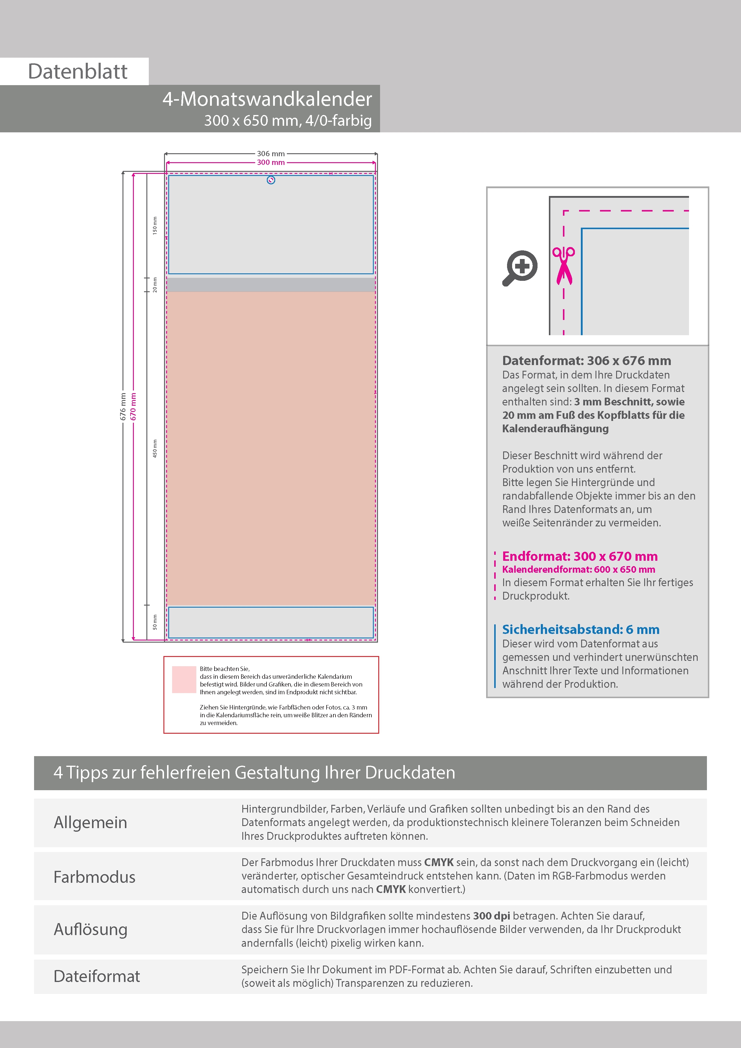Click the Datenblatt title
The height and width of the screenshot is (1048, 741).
click(x=78, y=72)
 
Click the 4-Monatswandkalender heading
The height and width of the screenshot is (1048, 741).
click(x=267, y=99)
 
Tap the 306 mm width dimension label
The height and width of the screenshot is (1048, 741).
click(x=271, y=154)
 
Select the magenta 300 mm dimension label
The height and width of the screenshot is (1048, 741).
click(x=271, y=163)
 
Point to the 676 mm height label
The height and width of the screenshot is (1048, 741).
click(x=123, y=406)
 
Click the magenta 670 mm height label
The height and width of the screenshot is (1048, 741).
click(x=133, y=406)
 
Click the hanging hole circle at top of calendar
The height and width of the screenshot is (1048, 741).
click(x=271, y=180)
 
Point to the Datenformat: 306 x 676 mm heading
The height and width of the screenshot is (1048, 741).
click(x=586, y=361)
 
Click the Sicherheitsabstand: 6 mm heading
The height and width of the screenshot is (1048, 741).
click(x=580, y=629)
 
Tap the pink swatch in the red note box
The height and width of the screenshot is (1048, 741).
click(x=184, y=680)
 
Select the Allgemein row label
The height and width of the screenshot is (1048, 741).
click(x=91, y=822)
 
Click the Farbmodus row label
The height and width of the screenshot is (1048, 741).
click(x=94, y=877)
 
